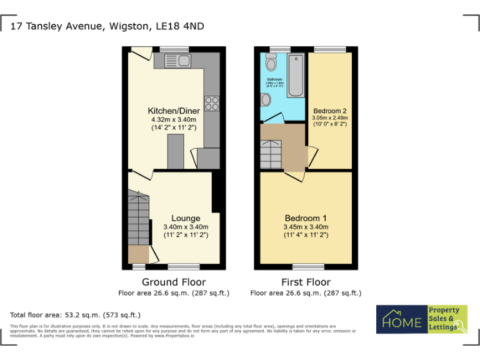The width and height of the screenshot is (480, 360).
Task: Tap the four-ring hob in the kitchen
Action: [211, 103]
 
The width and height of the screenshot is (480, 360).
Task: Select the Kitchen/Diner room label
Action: [173, 111]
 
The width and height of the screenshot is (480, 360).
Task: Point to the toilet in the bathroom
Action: [271, 62]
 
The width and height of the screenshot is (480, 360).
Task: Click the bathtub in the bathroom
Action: [296, 75]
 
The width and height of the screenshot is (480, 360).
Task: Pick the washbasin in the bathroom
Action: [267, 100]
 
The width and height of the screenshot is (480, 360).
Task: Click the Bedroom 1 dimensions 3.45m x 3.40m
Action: [306, 227]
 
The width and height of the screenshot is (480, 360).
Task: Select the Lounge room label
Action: [186, 218]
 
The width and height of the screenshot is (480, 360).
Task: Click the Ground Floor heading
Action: [174, 282]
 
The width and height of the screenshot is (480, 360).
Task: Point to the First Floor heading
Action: [306, 282]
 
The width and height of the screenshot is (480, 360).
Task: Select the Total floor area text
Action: [75, 315]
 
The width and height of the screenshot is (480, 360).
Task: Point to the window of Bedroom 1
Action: [306, 266]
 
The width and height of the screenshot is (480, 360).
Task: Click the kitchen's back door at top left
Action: [141, 54]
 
